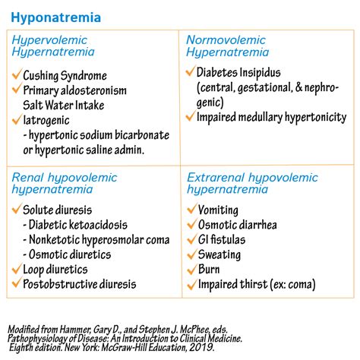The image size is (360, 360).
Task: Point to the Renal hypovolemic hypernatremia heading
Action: [x=65, y=184]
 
